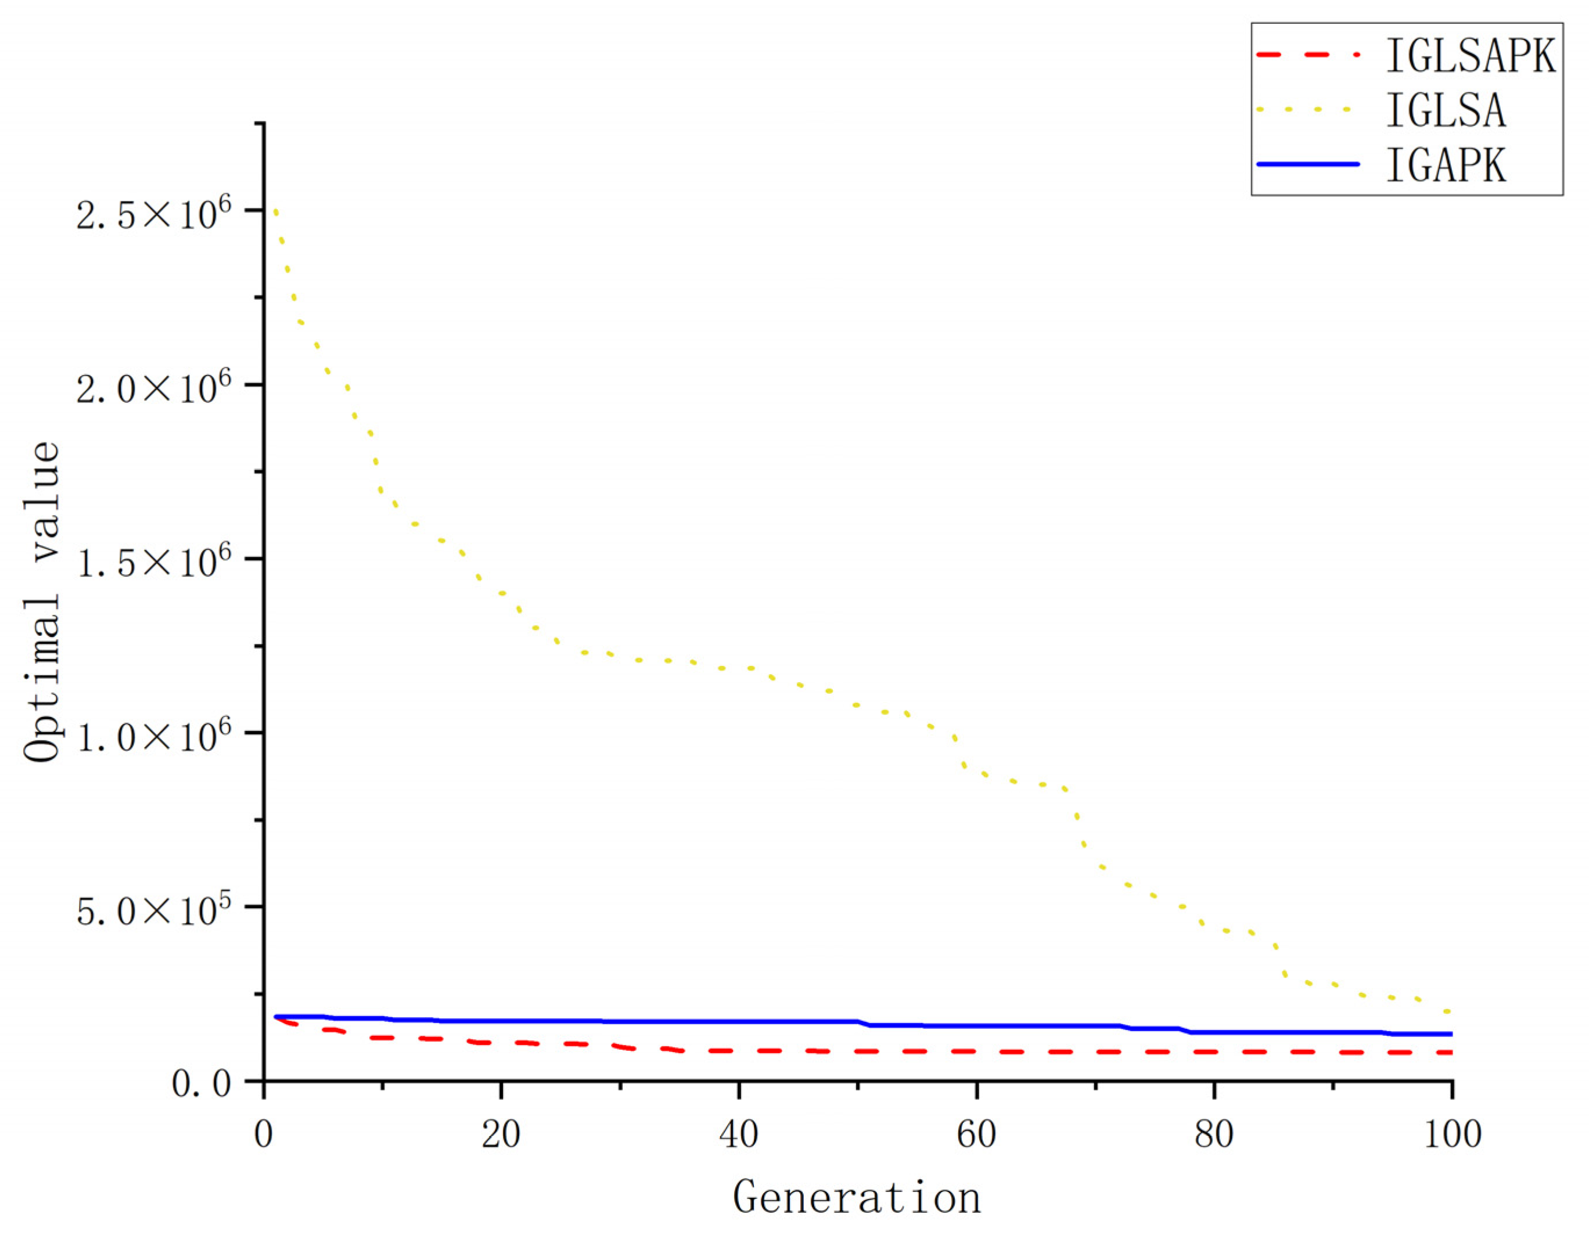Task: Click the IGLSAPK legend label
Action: point(1471,55)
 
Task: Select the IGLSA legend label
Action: point(1446,110)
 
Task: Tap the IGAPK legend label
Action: point(1446,165)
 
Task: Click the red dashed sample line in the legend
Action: point(1307,55)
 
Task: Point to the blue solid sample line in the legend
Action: point(1307,164)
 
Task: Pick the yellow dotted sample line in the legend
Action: point(1307,110)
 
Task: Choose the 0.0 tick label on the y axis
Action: point(201,1084)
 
